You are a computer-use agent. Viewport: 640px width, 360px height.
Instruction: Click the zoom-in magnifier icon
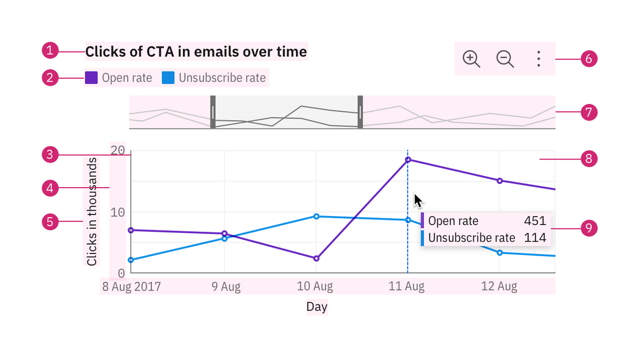point(471,58)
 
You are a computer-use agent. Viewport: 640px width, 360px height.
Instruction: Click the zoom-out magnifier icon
point(504,58)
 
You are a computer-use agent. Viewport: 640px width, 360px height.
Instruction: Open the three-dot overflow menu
point(538,58)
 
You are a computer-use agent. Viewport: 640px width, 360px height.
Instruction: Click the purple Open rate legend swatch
point(91,78)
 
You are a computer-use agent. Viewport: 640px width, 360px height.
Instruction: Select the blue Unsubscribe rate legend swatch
point(168,78)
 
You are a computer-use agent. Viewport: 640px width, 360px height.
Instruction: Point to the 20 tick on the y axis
point(118,150)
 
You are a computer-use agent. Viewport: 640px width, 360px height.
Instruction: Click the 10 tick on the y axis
point(118,212)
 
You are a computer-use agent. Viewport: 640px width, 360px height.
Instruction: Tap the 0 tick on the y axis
point(121,273)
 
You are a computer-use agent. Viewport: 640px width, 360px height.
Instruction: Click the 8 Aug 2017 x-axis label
point(131,287)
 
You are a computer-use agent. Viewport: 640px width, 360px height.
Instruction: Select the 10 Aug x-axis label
point(315,287)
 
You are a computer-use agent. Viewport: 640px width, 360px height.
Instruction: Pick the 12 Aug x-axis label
point(499,287)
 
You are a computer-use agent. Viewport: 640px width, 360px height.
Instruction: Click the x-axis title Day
point(317,307)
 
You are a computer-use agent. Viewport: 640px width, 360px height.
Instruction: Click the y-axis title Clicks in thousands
point(92,212)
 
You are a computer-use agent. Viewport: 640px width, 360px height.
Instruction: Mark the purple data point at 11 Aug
point(408,160)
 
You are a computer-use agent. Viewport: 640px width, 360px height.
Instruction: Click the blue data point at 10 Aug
point(316,216)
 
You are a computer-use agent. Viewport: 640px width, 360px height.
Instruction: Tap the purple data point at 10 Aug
point(316,258)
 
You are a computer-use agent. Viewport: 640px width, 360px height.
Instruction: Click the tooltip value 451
point(535,221)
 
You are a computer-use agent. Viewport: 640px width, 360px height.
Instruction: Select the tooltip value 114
point(535,238)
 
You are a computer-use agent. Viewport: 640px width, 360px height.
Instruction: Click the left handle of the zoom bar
point(213,112)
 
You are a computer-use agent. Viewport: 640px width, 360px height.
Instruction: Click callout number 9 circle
point(589,228)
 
